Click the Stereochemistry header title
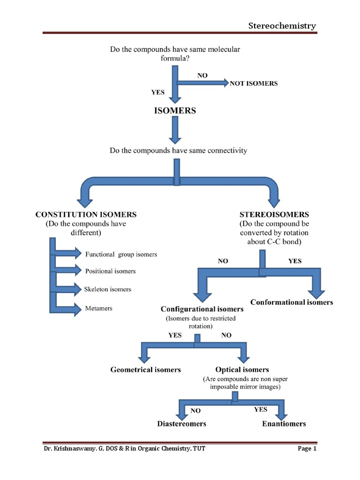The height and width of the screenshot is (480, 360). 282,26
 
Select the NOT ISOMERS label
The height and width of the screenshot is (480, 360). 254,83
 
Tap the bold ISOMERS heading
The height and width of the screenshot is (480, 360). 175,111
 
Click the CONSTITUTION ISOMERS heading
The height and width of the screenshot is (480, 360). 86,214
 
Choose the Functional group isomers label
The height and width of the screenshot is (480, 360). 121,254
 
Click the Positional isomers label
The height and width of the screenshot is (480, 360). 110,271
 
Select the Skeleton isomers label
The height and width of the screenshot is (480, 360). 108,289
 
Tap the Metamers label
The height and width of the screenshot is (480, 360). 98,308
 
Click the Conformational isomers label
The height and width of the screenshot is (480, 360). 292,302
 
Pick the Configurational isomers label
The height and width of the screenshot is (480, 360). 202,309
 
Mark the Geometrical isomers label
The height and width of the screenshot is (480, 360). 145,370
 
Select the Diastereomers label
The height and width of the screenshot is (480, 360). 181,424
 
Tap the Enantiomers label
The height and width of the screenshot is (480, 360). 284,424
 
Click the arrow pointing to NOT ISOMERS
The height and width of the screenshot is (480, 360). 202,83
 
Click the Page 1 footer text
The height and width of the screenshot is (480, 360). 307,449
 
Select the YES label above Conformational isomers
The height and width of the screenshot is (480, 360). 295,261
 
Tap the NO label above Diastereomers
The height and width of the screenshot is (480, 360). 195,411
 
